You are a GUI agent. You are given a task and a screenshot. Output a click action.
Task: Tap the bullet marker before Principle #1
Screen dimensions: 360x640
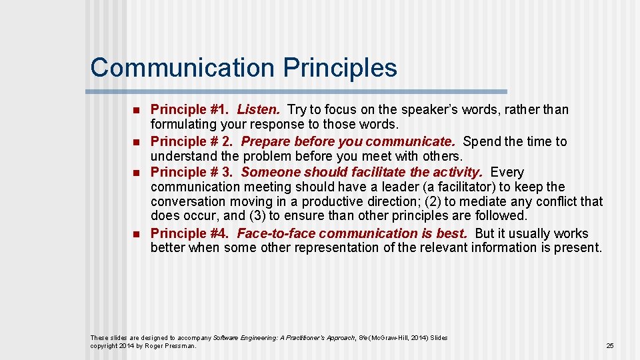pyautogui.click(x=135, y=110)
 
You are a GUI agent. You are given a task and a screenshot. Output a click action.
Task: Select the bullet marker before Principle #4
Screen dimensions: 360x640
pyautogui.click(x=135, y=234)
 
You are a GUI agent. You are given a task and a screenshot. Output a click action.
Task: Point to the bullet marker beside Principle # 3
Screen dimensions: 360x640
pyautogui.click(x=135, y=173)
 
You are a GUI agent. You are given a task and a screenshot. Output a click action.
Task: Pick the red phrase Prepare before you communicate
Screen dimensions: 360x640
pyautogui.click(x=348, y=141)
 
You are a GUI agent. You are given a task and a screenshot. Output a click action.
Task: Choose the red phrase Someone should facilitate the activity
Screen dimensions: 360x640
pyautogui.click(x=361, y=172)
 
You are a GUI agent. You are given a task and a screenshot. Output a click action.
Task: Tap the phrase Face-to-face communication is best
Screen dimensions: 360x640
pyautogui.click(x=352, y=233)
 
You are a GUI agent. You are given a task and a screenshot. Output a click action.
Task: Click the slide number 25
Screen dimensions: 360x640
pyautogui.click(x=609, y=345)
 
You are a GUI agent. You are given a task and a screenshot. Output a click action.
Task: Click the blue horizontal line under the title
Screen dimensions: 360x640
pyautogui.click(x=297, y=91)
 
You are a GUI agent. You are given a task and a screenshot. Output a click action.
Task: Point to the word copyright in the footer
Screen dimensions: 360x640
pyautogui.click(x=105, y=345)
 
